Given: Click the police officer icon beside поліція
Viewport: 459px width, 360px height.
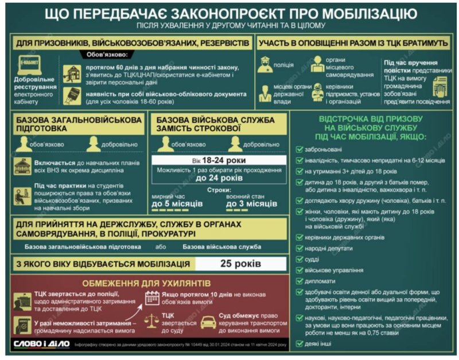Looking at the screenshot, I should pyautogui.click(x=265, y=65).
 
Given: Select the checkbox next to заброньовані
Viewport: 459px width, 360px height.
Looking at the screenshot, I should pyautogui.click(x=299, y=149).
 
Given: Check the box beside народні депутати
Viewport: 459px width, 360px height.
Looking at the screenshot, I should pyautogui.click(x=299, y=248).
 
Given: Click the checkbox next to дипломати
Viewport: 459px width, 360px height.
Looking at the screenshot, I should pyautogui.click(x=299, y=281).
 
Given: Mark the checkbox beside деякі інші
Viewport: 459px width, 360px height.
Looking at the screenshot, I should pyautogui.click(x=299, y=343).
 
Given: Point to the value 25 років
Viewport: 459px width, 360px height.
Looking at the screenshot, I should pyautogui.click(x=241, y=264).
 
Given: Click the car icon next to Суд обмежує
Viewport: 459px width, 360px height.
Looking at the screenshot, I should pyautogui.click(x=208, y=321).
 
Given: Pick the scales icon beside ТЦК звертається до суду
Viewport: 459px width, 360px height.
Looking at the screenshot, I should pyautogui.click(x=152, y=321).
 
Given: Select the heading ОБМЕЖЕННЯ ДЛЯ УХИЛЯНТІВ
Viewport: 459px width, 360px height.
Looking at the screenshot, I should pyautogui.click(x=146, y=283).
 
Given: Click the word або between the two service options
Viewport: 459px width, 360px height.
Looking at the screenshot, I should pyautogui.click(x=161, y=247).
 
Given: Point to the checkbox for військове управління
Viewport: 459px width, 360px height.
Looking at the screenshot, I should pyautogui.click(x=299, y=270).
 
